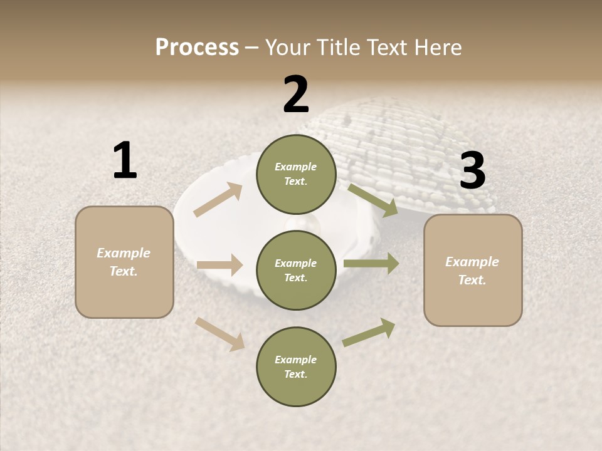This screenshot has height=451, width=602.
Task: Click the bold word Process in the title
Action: click(197, 48)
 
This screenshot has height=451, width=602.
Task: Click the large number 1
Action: click(125, 160)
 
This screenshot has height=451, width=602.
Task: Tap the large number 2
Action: click(296, 94)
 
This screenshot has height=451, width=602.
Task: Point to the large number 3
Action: click(472, 170)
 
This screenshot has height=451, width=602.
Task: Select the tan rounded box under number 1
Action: click(124, 262)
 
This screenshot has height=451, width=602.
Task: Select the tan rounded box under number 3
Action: click(473, 270)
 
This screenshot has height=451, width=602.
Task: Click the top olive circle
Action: click(296, 174)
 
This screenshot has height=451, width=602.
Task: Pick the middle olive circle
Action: click(296, 270)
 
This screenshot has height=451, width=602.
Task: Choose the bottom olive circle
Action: click(296, 366)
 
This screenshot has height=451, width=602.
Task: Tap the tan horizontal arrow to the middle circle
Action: click(219, 265)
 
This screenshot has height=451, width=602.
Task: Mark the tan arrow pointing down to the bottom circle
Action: click(219, 334)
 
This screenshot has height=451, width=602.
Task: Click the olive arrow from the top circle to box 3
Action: click(373, 200)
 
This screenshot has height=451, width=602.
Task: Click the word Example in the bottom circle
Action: click(295, 360)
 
